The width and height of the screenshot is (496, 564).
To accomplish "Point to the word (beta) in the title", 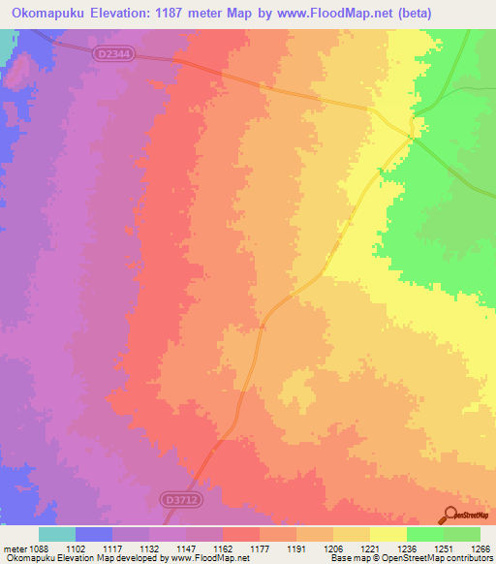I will click(408, 14).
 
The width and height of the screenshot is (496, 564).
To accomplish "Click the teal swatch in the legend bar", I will click(57, 534).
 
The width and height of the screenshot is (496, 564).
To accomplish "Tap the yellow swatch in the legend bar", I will click(387, 534).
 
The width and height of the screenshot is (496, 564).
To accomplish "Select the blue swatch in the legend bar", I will click(94, 534).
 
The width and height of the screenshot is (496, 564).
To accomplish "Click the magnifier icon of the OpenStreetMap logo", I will click(449, 515).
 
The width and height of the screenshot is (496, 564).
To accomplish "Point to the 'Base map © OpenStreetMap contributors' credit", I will click(407, 558).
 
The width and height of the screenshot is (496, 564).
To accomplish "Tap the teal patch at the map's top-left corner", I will click(6, 40).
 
